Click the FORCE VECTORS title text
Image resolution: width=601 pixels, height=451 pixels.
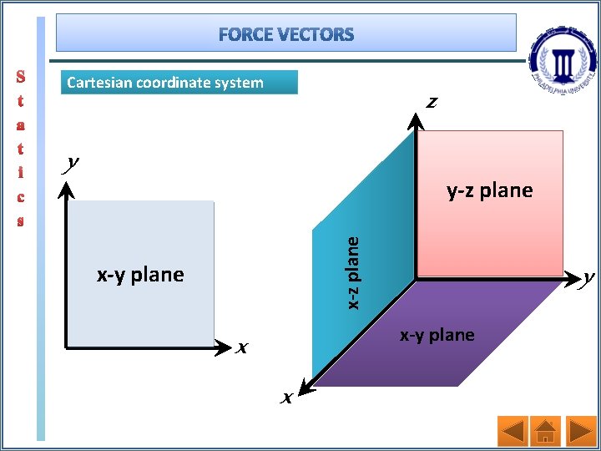click(287, 34)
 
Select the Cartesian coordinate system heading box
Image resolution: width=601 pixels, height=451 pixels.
click(180, 82)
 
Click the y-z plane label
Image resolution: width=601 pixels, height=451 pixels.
click(489, 190)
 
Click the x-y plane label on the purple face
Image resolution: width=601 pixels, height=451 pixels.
click(437, 335)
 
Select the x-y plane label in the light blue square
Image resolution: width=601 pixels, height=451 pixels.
click(140, 274)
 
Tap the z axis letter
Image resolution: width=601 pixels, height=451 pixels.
click(432, 103)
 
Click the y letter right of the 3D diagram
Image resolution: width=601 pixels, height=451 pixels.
click(588, 277)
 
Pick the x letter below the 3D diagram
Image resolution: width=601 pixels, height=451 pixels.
click(286, 398)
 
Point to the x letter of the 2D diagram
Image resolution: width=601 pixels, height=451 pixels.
click(243, 347)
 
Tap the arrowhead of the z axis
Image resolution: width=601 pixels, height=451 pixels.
click(416, 119)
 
